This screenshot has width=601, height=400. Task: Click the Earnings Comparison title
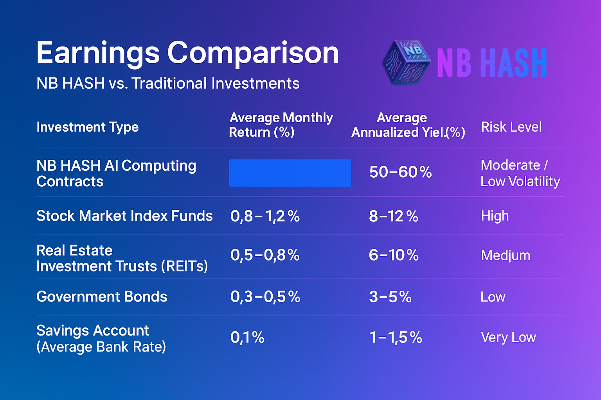187,54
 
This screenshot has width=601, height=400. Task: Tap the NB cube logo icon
406,62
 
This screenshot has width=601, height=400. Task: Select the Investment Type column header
88,127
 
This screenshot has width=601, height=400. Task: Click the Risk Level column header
511,127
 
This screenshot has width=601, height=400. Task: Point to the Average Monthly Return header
281,125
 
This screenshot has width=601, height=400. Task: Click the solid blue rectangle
290,173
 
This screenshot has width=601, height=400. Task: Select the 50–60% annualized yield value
401,172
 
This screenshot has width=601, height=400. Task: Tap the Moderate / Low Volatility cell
520,173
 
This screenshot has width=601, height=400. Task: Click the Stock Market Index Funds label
124,216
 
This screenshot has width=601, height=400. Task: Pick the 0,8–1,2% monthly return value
265,216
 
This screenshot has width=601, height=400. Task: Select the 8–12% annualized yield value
394,216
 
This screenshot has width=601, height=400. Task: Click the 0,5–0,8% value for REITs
265,255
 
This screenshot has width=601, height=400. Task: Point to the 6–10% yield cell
394,255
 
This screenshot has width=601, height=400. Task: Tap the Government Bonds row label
102,296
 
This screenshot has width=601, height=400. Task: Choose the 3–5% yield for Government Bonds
390,297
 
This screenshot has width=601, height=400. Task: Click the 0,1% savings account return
247,337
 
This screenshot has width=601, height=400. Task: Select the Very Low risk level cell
508,337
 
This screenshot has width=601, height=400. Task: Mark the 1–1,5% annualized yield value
396,337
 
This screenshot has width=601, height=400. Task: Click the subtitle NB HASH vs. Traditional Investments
168,83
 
